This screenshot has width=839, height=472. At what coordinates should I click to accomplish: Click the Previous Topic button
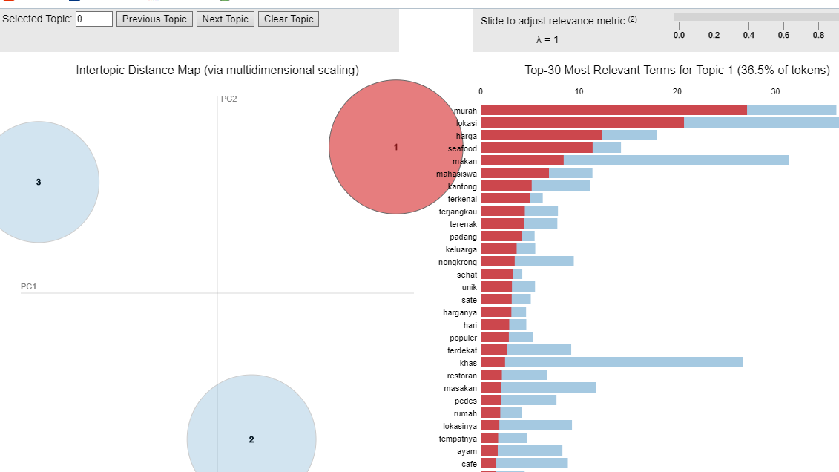click(x=154, y=19)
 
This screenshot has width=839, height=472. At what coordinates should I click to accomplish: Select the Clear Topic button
click(x=289, y=19)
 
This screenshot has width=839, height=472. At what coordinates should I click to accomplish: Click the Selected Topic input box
click(x=94, y=19)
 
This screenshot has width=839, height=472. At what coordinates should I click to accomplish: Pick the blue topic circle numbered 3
click(x=39, y=182)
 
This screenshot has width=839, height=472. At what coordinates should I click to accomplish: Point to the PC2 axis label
click(x=228, y=99)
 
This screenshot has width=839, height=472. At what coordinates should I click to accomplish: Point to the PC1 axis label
click(x=28, y=286)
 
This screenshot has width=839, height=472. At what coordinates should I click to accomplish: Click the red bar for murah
click(x=613, y=110)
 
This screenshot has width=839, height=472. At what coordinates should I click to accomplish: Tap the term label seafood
click(x=462, y=148)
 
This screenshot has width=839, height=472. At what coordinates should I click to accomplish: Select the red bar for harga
click(x=541, y=135)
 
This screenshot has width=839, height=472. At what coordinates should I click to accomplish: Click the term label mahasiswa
click(x=456, y=174)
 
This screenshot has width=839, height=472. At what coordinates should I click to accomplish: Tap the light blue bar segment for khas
click(x=623, y=362)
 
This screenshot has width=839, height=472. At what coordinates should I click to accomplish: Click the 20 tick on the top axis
click(x=677, y=91)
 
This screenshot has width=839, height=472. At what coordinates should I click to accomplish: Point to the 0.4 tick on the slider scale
click(x=748, y=35)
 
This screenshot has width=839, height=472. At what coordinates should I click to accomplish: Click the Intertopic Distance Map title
click(x=217, y=71)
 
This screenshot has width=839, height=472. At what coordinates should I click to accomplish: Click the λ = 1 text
click(x=547, y=39)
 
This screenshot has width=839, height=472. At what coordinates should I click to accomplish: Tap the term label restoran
click(x=461, y=376)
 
